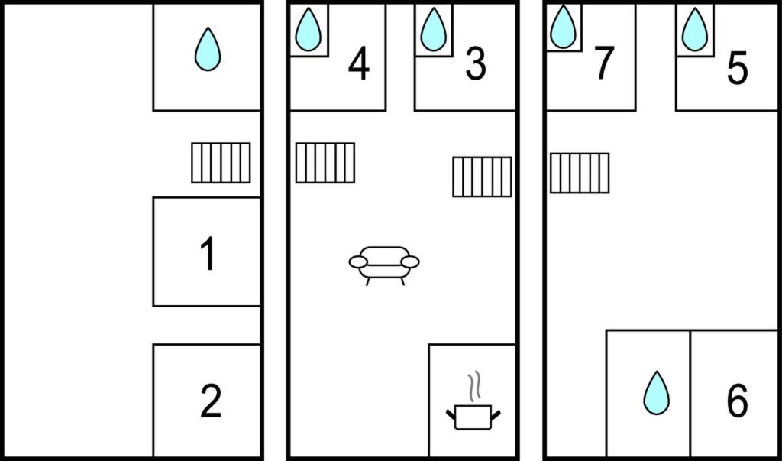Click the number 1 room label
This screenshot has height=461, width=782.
tap(208, 253)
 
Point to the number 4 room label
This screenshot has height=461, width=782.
tap(359, 63)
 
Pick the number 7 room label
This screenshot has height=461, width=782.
tap(605, 63)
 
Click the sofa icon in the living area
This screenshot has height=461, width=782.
tap(384, 265)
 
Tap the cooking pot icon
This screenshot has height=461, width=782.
tap(473, 417)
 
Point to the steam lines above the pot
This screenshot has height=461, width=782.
tap(474, 386)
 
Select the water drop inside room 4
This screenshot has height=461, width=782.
tap(308, 29)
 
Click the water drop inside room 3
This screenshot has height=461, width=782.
tap(433, 29)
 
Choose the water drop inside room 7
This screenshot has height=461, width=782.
tap(563, 27)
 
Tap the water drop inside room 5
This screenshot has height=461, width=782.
tap(695, 29)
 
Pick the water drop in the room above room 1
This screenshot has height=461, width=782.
tap(208, 48)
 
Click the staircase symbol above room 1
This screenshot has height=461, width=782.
tap(221, 163)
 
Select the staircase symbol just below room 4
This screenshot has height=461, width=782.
tap(325, 163)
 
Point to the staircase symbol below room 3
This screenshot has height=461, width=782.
tap(483, 177)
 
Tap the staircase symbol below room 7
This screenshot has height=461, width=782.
tap(580, 173)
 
